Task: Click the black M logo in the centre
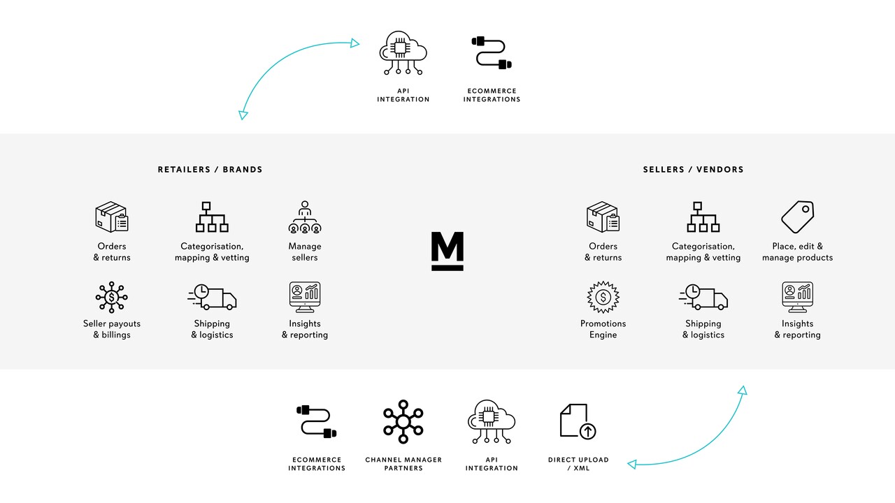point(447,251)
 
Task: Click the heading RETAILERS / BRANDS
point(210,169)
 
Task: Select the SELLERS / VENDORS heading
point(693,169)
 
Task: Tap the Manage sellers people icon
point(305,218)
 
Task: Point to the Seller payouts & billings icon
point(112,297)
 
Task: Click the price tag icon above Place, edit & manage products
point(798,217)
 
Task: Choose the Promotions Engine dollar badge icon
point(603,297)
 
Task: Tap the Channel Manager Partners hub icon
point(403,421)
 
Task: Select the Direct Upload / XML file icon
point(578,421)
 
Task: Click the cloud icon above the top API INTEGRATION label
point(403,53)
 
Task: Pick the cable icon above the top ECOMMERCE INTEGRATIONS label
point(492,53)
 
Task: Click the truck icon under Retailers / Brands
point(212,297)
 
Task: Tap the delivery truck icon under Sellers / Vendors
point(703,297)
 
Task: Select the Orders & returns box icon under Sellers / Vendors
point(603,217)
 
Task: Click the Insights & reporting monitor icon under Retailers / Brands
point(305,297)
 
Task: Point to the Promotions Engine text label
point(603,329)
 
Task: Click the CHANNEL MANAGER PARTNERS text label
point(403,464)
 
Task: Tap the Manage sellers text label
point(305,251)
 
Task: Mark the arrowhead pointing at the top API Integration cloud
point(355,43)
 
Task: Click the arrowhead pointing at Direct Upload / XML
point(632,464)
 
